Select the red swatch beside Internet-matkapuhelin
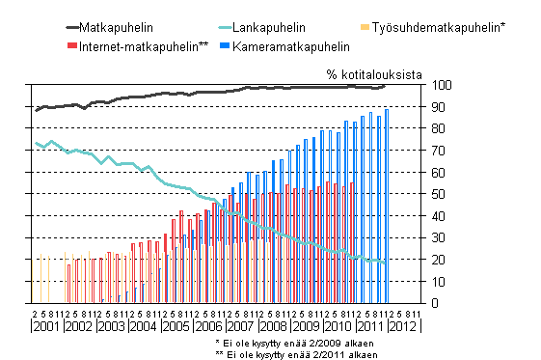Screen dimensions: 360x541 pyautogui.click(x=73, y=45)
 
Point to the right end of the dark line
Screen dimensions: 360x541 pyautogui.click(x=386, y=85)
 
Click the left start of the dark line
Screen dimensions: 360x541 pyautogui.click(x=36, y=110)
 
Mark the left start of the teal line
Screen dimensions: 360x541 pyautogui.click(x=36, y=143)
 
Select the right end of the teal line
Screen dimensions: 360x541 pyautogui.click(x=386, y=262)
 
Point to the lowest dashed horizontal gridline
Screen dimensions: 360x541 pyautogui.click(x=227, y=281)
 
